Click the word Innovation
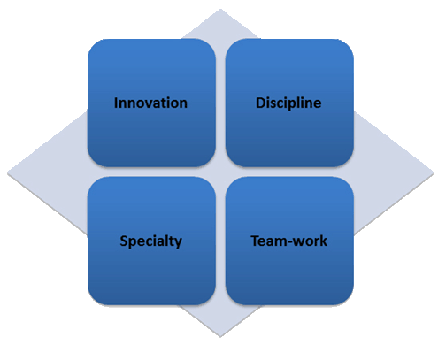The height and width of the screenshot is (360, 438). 150,103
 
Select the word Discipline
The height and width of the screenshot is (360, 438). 288,103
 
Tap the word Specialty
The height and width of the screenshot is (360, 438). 150,241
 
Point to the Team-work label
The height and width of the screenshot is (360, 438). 289,241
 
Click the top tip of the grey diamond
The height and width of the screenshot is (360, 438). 220,9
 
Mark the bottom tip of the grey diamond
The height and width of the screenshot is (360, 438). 220,337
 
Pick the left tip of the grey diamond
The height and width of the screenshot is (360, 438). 7,173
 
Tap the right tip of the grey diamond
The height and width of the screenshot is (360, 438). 434,173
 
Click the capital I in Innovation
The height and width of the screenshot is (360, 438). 116,103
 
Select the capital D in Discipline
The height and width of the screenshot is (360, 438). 261,103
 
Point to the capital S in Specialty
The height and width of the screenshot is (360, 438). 124,241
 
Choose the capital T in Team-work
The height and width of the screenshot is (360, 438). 256,241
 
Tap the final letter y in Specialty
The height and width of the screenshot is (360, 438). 178,243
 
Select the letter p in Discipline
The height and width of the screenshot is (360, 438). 293,106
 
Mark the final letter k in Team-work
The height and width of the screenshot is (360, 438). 324,241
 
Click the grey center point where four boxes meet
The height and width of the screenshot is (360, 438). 220,172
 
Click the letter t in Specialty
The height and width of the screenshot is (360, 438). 171,241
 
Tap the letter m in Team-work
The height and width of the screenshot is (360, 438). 282,243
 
